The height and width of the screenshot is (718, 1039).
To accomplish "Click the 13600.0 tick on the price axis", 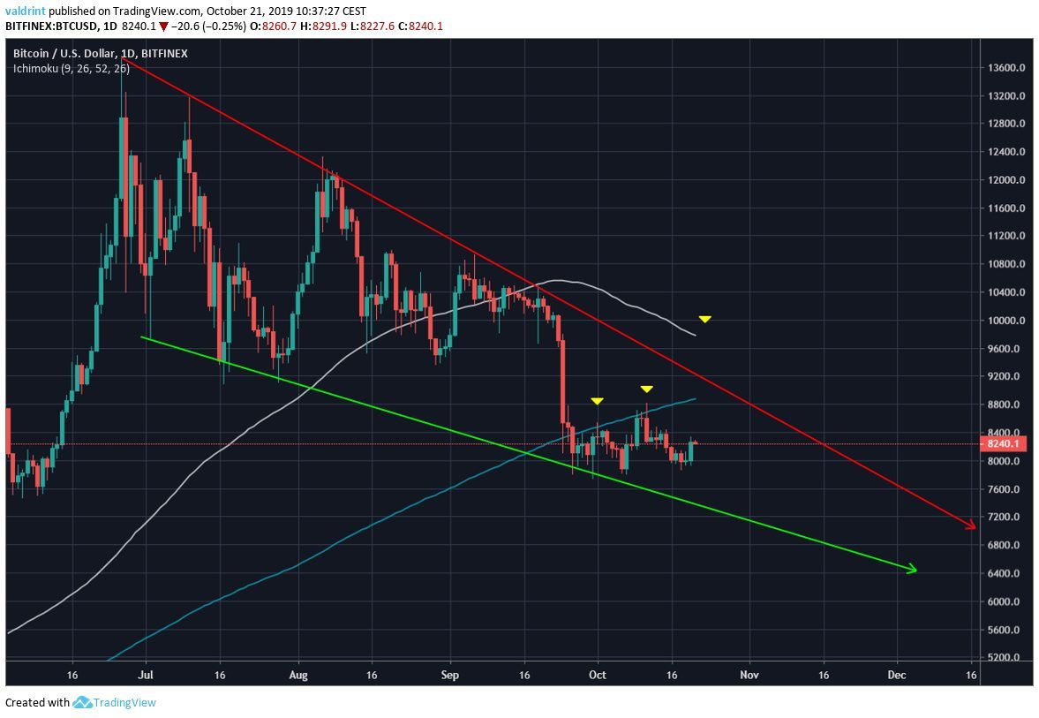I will click(x=1006, y=68).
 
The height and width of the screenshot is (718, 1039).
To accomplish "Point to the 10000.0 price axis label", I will click(x=1006, y=321).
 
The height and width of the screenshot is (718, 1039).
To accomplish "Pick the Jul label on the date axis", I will click(x=145, y=675).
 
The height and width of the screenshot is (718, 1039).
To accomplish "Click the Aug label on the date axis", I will click(x=298, y=675).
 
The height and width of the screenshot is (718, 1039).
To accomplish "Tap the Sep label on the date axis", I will click(x=450, y=675).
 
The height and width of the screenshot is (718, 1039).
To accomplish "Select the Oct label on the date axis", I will click(x=598, y=675).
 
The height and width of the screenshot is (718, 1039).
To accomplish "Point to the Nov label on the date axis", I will click(x=750, y=675).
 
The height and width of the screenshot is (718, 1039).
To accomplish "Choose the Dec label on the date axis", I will click(x=898, y=675).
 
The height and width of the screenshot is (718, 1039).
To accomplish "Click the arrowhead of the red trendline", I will click(x=972, y=525).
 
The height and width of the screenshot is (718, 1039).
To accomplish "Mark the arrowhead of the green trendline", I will click(x=913, y=570).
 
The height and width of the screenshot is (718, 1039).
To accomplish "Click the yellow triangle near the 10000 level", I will click(x=704, y=319).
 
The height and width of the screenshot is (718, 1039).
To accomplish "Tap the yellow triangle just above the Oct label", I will click(x=598, y=402).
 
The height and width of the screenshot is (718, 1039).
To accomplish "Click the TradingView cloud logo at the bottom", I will click(x=83, y=703).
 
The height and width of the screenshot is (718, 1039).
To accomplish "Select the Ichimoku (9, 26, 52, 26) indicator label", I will click(x=71, y=68).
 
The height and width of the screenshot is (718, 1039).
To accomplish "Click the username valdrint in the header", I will click(x=24, y=11).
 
